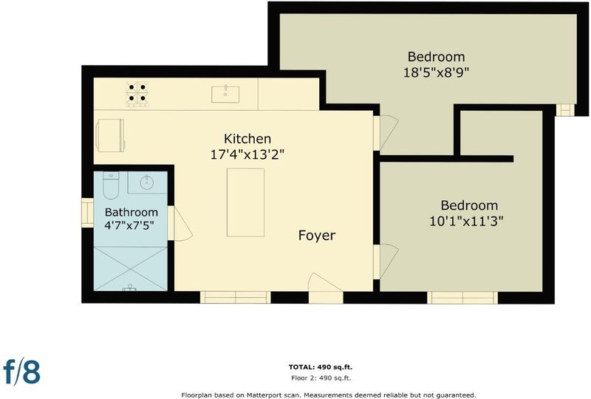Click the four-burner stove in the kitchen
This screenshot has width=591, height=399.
(x=137, y=93)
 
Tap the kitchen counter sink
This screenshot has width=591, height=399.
(x=225, y=95)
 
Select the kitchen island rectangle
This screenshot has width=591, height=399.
(x=245, y=202)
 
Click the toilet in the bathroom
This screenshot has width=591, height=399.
(x=110, y=185)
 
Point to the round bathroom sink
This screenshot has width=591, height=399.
(x=147, y=183)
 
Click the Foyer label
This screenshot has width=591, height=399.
(x=317, y=235)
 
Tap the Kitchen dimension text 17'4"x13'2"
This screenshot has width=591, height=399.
(x=247, y=154)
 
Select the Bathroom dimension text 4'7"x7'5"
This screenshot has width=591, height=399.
(x=129, y=225)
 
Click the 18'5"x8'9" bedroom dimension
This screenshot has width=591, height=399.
(x=436, y=72)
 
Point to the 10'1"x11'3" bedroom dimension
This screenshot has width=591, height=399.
(x=467, y=221)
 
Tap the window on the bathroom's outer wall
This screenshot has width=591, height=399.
(x=87, y=213)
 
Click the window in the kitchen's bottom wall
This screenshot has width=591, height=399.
(x=235, y=297)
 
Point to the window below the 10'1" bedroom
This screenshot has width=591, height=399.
(x=462, y=297)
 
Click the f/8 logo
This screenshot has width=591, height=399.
(x=21, y=371)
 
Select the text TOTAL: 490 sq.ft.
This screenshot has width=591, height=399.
(x=321, y=367)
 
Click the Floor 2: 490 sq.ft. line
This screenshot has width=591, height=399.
(x=321, y=378)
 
